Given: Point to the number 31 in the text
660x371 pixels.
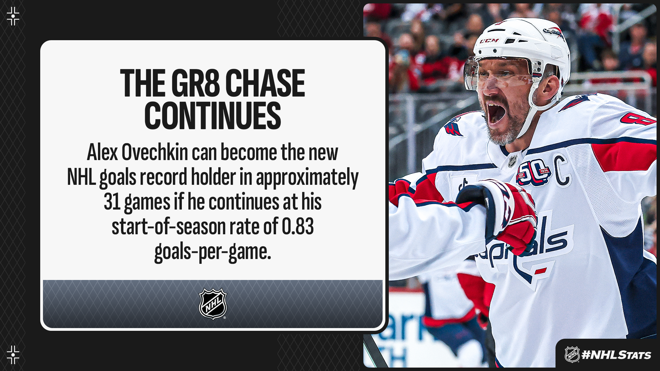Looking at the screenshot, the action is point(112,202).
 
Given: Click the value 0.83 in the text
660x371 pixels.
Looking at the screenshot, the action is point(298,227).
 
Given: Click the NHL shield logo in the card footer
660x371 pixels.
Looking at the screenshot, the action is point(213,304).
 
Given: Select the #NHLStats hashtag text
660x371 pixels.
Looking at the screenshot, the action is point(616,355).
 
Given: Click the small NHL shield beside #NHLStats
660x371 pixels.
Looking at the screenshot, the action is point(572,355).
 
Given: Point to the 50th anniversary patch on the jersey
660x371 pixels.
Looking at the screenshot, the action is point(533,173).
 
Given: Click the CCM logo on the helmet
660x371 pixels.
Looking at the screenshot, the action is point(489,41).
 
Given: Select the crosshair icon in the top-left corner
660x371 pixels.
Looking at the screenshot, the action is point(13,16).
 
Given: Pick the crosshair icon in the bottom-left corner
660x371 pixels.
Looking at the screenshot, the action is point(13,355).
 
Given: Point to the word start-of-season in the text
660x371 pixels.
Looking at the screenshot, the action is point(168,227).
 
